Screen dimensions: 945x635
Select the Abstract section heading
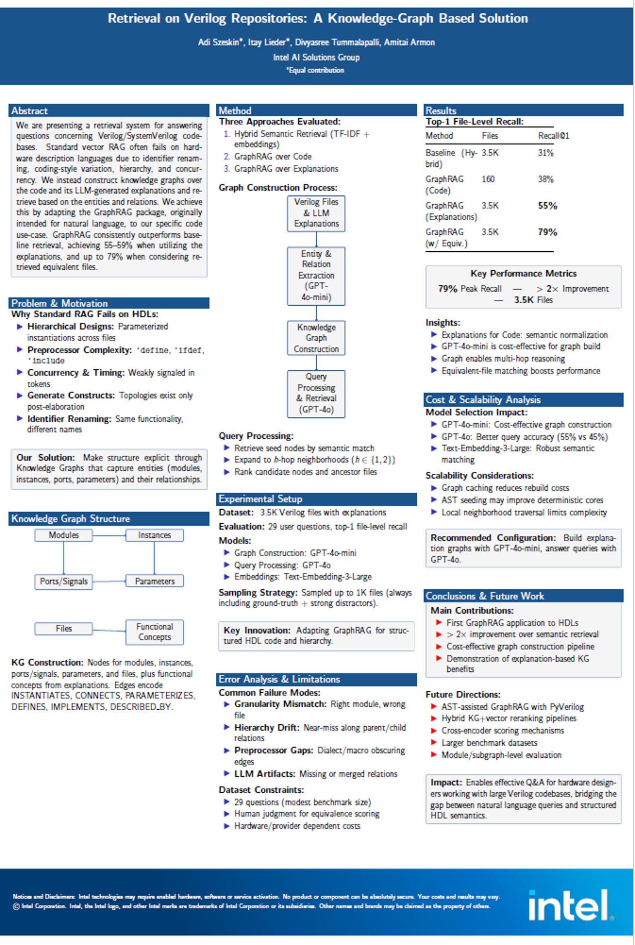click(30, 111)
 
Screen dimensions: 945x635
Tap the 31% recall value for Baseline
click(545, 153)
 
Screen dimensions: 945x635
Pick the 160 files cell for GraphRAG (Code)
click(488, 179)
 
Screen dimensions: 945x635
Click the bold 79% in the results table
click(547, 232)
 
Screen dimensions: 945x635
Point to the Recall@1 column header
click(553, 136)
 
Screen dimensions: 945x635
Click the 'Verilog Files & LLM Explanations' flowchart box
click(316, 213)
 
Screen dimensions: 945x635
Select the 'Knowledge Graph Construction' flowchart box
click(316, 338)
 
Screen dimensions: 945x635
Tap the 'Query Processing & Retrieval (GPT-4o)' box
click(316, 393)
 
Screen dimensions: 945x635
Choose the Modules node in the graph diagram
click(64, 535)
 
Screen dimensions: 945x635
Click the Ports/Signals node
click(64, 581)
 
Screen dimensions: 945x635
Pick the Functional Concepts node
click(154, 632)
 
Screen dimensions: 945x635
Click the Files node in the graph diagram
click(64, 628)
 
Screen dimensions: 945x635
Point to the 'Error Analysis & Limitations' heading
click(279, 679)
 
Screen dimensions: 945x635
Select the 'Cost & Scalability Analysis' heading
click(483, 399)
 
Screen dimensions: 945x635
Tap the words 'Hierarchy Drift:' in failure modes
click(267, 728)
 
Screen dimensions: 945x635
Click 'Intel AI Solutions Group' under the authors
click(316, 57)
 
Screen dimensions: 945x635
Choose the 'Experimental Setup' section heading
click(260, 499)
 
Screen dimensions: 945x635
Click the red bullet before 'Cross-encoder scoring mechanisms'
click(434, 730)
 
